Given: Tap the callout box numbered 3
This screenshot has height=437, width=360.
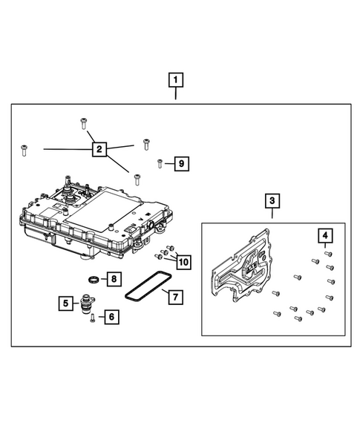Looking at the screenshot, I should (x=272, y=200).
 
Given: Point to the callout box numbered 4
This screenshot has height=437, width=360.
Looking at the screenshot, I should (x=325, y=236).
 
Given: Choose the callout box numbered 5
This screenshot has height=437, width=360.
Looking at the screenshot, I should (x=66, y=303).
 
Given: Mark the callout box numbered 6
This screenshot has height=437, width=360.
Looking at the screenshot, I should (x=111, y=317).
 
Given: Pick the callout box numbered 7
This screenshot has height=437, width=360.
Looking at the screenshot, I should (x=174, y=297).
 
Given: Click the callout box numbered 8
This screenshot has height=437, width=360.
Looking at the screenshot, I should (x=113, y=279).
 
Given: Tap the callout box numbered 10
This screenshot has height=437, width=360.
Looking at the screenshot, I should (x=183, y=261).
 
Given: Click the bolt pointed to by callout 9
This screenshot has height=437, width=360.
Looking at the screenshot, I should (x=160, y=163).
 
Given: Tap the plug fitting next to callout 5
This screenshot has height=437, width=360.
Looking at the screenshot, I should (x=88, y=304).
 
